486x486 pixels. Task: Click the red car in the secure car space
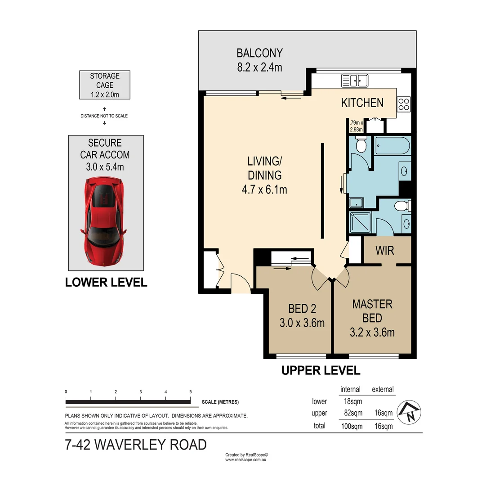click(x=104, y=220)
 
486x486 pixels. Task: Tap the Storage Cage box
click(x=105, y=85)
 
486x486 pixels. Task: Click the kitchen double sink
click(x=354, y=81)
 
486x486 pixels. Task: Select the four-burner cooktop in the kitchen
click(x=404, y=104)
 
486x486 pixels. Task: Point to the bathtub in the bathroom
click(x=392, y=146)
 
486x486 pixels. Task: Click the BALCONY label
click(x=259, y=53)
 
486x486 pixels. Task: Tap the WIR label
click(x=385, y=250)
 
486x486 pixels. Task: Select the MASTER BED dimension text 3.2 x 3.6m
click(x=372, y=333)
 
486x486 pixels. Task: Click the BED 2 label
click(x=302, y=309)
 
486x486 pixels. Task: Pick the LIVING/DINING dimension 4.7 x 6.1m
click(x=264, y=189)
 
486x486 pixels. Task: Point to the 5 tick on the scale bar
click(x=191, y=392)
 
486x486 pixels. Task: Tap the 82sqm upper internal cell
click(x=353, y=413)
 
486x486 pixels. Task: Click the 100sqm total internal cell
click(x=352, y=426)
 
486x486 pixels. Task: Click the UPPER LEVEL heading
click(x=321, y=371)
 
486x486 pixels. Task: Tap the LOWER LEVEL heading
click(x=106, y=283)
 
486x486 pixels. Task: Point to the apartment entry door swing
click(x=240, y=283)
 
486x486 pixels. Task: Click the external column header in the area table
click(x=383, y=389)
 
